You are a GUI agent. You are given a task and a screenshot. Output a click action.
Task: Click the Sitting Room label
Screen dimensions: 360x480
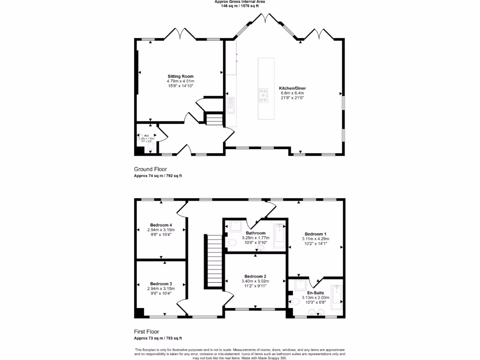(180, 76)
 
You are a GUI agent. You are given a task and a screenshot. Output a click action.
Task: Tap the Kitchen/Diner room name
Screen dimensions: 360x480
(292, 88)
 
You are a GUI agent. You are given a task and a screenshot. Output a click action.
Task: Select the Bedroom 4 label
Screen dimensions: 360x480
(161, 225)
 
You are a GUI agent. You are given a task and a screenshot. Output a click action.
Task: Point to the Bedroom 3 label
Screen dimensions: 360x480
(161, 284)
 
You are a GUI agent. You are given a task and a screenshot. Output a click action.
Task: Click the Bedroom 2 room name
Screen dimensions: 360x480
(255, 276)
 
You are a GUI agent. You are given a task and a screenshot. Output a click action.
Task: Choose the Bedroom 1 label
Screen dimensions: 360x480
(315, 234)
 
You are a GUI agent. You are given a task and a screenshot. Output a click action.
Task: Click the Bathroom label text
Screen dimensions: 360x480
(255, 233)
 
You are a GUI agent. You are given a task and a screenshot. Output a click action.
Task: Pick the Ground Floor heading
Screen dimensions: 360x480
(150, 169)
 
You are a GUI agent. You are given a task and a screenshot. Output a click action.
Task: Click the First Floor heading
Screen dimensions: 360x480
(147, 331)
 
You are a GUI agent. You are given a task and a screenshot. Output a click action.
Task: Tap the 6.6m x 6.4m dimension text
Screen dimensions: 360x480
(292, 93)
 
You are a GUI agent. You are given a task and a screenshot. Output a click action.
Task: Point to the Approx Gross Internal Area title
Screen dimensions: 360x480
(240, 2)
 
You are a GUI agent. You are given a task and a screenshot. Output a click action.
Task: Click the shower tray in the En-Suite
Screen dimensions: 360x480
(300, 285)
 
